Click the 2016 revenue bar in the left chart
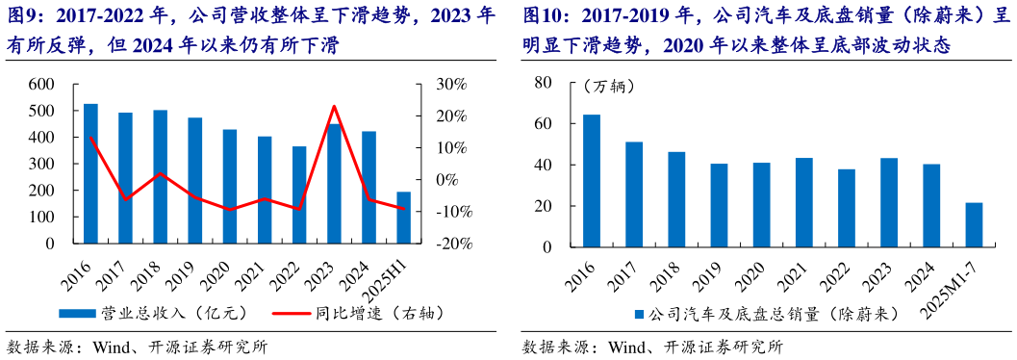90,173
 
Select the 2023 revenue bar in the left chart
335,183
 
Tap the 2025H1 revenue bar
403,218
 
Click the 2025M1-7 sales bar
974,225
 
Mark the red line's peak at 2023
334,106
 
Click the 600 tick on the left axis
41,85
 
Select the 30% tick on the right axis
453,85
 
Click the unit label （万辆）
609,87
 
